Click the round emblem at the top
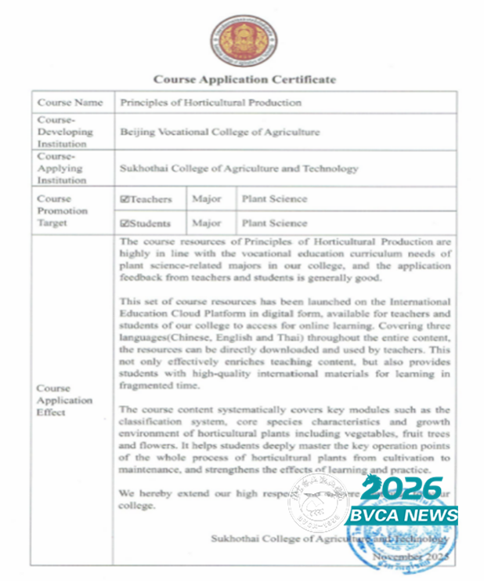click(x=242, y=41)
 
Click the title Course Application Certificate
click(x=244, y=79)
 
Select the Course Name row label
click(x=70, y=103)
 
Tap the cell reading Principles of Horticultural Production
click(x=211, y=103)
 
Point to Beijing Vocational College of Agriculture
click(x=220, y=132)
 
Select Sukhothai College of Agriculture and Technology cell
click(x=239, y=169)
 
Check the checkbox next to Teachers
click(x=125, y=199)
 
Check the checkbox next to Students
click(x=125, y=223)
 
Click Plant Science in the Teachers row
click(x=274, y=199)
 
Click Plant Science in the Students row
click(x=274, y=223)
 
